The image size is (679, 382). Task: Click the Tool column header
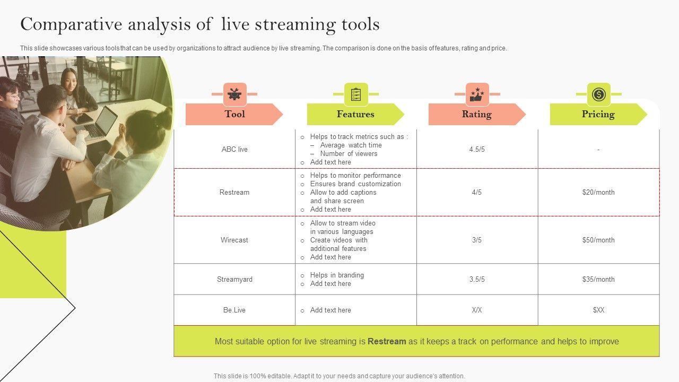point(234,114)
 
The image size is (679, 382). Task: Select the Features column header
point(355,114)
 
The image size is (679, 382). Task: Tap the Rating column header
point(476,114)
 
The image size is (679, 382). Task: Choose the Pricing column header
point(598,114)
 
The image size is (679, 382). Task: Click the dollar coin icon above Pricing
point(598,94)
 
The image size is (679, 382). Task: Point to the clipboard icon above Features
point(356,94)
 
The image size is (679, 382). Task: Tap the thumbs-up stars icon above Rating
point(477,94)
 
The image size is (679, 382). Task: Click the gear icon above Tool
point(234,94)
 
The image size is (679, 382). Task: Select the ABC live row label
point(234,149)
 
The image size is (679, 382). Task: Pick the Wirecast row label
point(234,240)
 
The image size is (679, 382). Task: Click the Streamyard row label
point(234,279)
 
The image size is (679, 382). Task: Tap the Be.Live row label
point(234,310)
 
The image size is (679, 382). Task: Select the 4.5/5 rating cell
point(477,149)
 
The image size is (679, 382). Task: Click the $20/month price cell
point(598,192)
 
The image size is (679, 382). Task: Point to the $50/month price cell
point(598,240)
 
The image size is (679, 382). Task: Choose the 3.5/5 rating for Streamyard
point(477,279)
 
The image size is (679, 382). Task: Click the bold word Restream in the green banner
point(387,341)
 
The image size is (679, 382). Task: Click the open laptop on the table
point(104,123)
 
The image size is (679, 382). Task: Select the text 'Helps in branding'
point(337,275)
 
